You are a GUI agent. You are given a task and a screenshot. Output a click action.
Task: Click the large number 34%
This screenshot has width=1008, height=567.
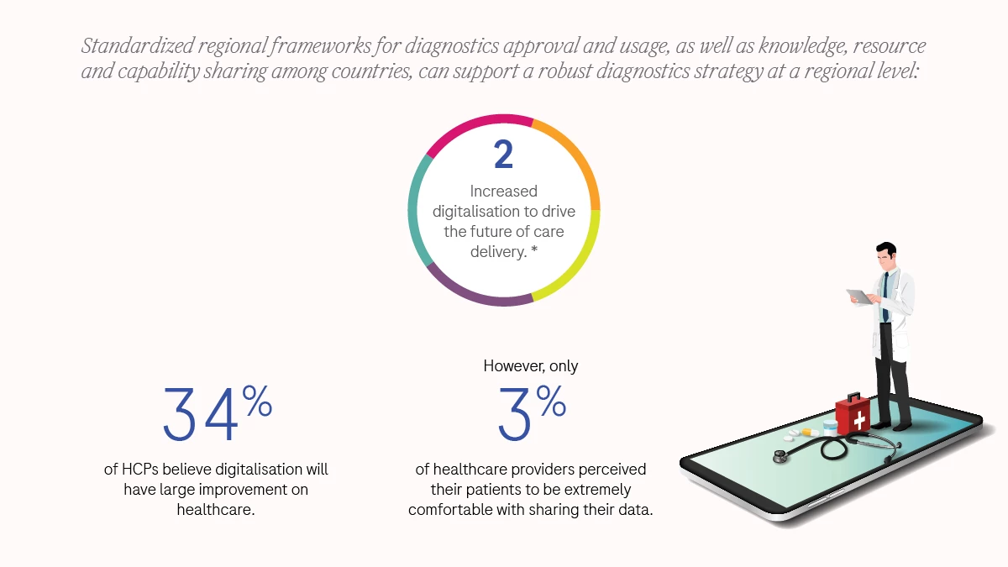pyautogui.click(x=217, y=414)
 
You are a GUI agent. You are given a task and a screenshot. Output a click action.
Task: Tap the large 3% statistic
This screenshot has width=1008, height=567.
pyautogui.click(x=531, y=414)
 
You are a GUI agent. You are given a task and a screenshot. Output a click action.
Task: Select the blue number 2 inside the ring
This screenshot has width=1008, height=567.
pyautogui.click(x=503, y=156)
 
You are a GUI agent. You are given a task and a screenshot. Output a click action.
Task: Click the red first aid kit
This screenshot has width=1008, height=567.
pyautogui.click(x=853, y=413)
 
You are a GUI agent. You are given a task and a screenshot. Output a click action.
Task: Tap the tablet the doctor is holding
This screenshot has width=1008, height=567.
pyautogui.click(x=860, y=297)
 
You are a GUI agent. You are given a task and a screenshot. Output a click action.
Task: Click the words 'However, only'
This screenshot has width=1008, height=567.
pyautogui.click(x=530, y=366)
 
